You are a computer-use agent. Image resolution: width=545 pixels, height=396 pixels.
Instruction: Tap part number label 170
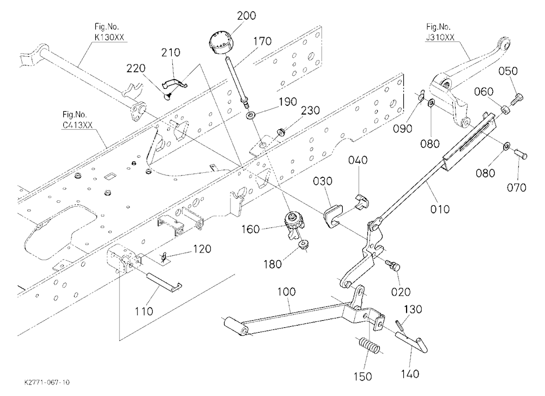[x=263, y=41]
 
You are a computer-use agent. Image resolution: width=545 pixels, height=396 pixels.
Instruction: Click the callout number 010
[x=440, y=209]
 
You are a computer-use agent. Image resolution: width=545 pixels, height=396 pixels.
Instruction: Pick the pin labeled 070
[x=520, y=154]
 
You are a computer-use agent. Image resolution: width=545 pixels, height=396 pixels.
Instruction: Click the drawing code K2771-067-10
[x=47, y=382]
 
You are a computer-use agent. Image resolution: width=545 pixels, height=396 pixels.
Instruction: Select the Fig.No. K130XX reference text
[x=109, y=32]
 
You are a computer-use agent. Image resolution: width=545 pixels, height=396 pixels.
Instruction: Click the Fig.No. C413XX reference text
[x=77, y=119]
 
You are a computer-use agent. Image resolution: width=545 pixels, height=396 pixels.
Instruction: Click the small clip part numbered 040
[x=361, y=201]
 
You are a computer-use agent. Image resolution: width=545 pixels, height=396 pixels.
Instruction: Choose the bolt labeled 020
[x=394, y=266]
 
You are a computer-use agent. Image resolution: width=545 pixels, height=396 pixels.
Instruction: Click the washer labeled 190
[x=250, y=115]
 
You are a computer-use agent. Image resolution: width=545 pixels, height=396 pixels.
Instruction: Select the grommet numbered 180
[x=304, y=244]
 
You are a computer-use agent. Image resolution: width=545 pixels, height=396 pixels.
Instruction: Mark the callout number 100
[x=287, y=292]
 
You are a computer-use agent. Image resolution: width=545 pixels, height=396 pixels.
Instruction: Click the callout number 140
[x=410, y=374]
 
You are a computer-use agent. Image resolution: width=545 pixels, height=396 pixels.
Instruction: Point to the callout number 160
[x=251, y=229]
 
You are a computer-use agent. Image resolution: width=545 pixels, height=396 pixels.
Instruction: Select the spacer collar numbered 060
[x=505, y=110]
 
